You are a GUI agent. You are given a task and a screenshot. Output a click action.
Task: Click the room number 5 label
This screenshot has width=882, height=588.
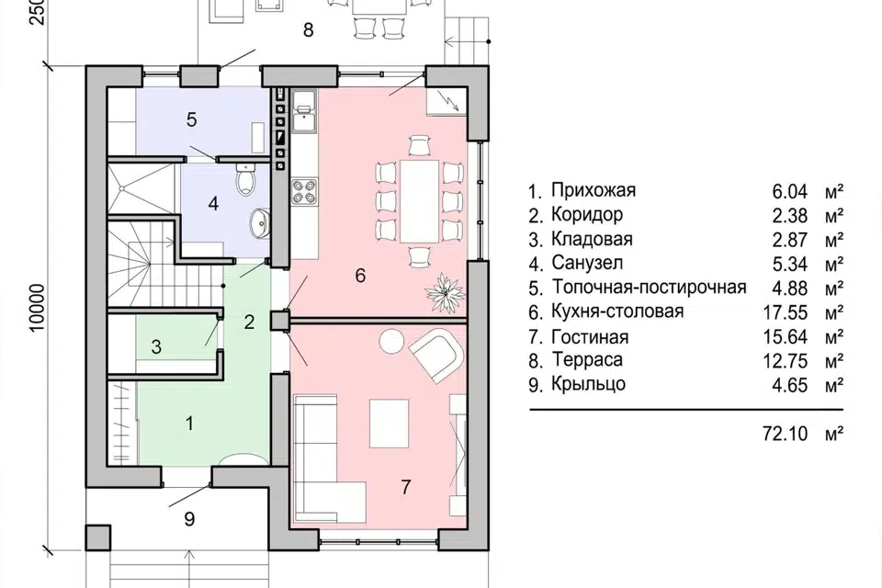pyautogui.click(x=191, y=119)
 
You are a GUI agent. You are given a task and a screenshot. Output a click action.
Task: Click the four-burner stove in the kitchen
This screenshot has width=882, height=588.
pyautogui.click(x=303, y=191)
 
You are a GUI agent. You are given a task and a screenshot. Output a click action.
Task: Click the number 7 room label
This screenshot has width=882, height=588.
pyautogui.click(x=405, y=487)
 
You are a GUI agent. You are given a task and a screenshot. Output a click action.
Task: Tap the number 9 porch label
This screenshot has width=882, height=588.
pyautogui.click(x=189, y=519)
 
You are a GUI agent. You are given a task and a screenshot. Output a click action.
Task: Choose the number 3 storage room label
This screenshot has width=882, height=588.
pyautogui.click(x=156, y=346)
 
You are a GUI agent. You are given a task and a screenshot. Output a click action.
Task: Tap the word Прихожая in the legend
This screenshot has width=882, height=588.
pyautogui.click(x=594, y=191)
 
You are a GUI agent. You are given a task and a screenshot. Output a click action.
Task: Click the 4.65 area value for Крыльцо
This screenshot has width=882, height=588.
pyautogui.click(x=789, y=384)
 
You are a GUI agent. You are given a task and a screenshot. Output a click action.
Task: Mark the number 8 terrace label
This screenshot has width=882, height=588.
pyautogui.click(x=308, y=30)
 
